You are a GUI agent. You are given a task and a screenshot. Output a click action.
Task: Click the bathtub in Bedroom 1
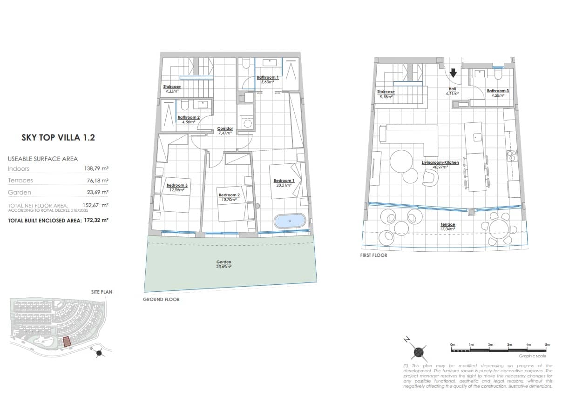(x=290, y=221)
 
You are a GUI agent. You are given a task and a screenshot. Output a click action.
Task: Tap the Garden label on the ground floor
(x=223, y=262)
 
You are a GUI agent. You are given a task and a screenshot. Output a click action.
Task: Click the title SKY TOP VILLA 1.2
(x=58, y=138)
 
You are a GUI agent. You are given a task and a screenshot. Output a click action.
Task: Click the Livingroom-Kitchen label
(x=440, y=163)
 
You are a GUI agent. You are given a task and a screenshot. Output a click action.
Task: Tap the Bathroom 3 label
(x=498, y=91)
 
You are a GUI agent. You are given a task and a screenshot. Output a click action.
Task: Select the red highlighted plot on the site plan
(x=67, y=342)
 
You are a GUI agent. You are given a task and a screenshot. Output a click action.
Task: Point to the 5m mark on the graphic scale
(x=547, y=345)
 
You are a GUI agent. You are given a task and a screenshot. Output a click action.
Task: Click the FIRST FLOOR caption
(x=373, y=255)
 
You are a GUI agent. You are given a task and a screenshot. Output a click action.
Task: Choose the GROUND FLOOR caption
(x=161, y=299)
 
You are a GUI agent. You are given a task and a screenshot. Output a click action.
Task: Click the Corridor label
(x=225, y=129)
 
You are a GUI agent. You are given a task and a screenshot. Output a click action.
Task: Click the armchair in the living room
(x=431, y=177)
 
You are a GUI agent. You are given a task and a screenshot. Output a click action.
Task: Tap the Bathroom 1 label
(x=268, y=78)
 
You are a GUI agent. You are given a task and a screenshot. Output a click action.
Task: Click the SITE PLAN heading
(x=102, y=292)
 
